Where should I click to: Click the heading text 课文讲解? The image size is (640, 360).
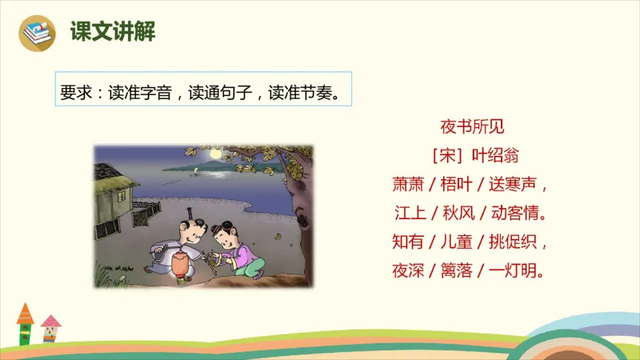click(113, 31)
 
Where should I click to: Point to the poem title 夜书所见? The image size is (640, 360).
click(472, 126)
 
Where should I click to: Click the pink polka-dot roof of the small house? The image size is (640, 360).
click(50, 322)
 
